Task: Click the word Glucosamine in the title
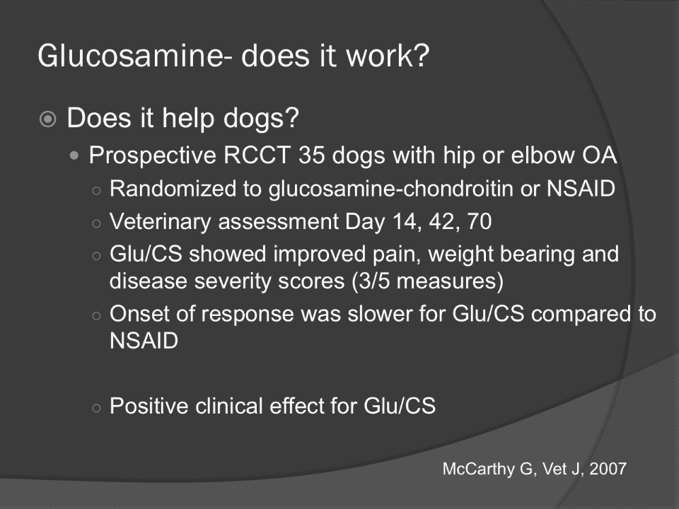point(132,56)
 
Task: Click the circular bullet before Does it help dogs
point(47,119)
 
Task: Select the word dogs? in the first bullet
point(261,119)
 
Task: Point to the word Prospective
point(153,156)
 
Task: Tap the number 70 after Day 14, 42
point(480,221)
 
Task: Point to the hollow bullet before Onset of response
point(97,315)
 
